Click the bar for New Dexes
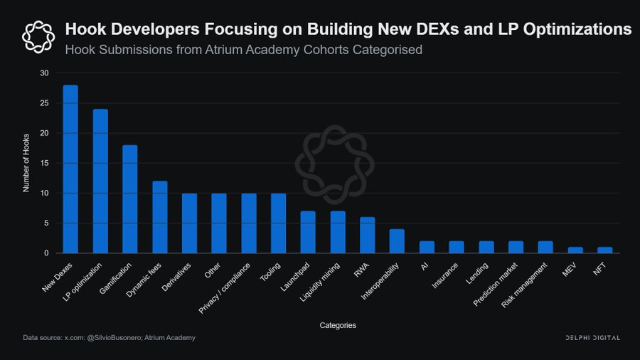[70, 169]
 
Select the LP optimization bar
[100, 181]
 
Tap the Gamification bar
[129, 199]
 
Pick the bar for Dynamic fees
[159, 217]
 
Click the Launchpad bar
[308, 232]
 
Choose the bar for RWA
[367, 235]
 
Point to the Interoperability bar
[397, 241]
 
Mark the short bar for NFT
[604, 250]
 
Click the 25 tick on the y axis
[45, 103]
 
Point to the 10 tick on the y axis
[45, 193]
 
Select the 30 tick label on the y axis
[45, 73]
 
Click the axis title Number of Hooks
[26, 163]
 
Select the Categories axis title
[338, 325]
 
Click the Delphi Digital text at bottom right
[592, 337]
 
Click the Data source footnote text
[109, 337]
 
